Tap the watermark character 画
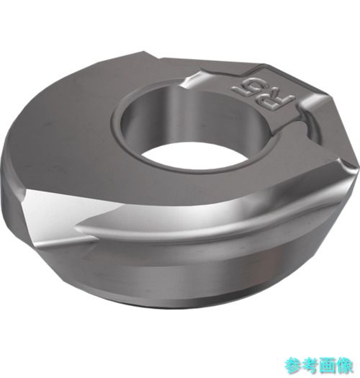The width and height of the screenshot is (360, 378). [x=328, y=365]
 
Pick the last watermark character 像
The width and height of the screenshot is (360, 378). [x=345, y=365]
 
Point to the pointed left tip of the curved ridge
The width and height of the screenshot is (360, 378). [x=76, y=227]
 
